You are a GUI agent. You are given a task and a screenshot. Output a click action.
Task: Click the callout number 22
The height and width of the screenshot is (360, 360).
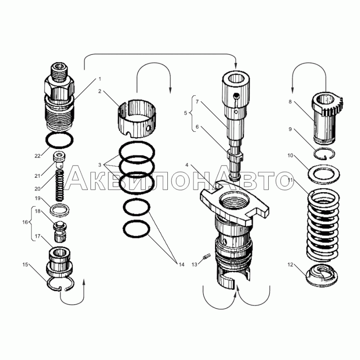click(x=37, y=156)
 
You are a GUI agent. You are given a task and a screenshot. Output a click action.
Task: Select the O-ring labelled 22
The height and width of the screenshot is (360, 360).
click(x=60, y=133)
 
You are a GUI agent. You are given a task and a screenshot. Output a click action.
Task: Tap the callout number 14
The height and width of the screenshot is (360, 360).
click(x=181, y=265)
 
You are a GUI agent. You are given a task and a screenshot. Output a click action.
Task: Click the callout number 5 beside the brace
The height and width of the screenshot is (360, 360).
click(x=185, y=113)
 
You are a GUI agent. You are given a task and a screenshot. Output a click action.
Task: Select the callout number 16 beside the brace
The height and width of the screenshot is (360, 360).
click(x=25, y=222)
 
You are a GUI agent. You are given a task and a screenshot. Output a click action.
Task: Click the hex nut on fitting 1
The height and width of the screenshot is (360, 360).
click(x=59, y=88)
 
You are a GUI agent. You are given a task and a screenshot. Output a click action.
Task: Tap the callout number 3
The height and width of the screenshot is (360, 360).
click(x=99, y=165)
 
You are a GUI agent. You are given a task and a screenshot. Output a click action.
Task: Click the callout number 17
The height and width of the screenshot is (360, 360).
click(x=37, y=236)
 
